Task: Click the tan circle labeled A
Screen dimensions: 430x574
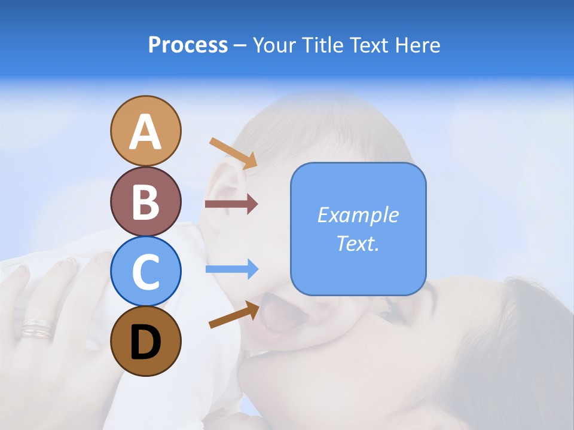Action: coord(145,131)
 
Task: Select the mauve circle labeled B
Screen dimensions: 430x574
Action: coord(145,201)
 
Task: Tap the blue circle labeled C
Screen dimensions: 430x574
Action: coord(145,271)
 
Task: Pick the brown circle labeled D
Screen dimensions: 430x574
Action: coord(145,341)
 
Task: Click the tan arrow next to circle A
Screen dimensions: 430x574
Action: coord(233,153)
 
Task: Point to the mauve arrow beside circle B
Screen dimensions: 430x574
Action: coord(231,204)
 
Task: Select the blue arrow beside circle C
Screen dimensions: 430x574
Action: coord(232,269)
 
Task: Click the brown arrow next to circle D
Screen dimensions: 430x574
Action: coord(234,315)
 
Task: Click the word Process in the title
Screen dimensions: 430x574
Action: coord(188,45)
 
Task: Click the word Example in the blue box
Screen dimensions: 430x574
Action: coord(358,215)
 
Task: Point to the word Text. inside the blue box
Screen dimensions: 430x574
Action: coord(358,243)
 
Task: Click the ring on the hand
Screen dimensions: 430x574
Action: coord(37,327)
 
